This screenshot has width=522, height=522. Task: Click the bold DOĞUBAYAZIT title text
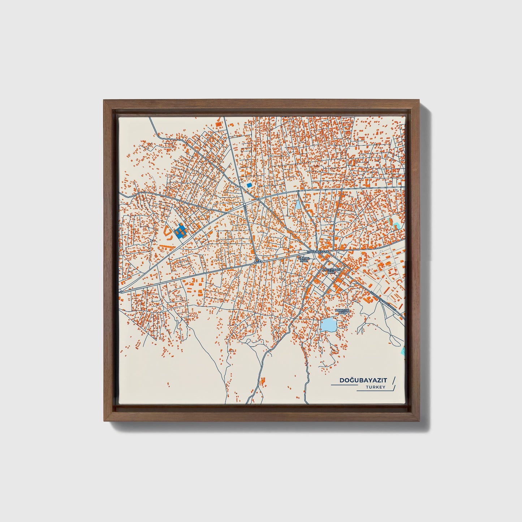pos(363,380)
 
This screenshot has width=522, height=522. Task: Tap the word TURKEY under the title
pos(375,387)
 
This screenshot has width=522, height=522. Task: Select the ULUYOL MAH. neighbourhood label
pos(303,259)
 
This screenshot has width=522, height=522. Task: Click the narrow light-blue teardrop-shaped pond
pos(298,206)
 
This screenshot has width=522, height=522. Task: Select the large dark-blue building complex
pos(180,230)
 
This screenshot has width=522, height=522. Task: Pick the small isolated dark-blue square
pos(249,185)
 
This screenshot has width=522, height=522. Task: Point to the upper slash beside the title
pos(394,380)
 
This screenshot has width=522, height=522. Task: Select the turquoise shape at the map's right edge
pos(404,350)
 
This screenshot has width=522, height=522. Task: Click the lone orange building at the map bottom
pos(263,380)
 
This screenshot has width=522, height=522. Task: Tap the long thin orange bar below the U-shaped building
pos(164,245)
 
